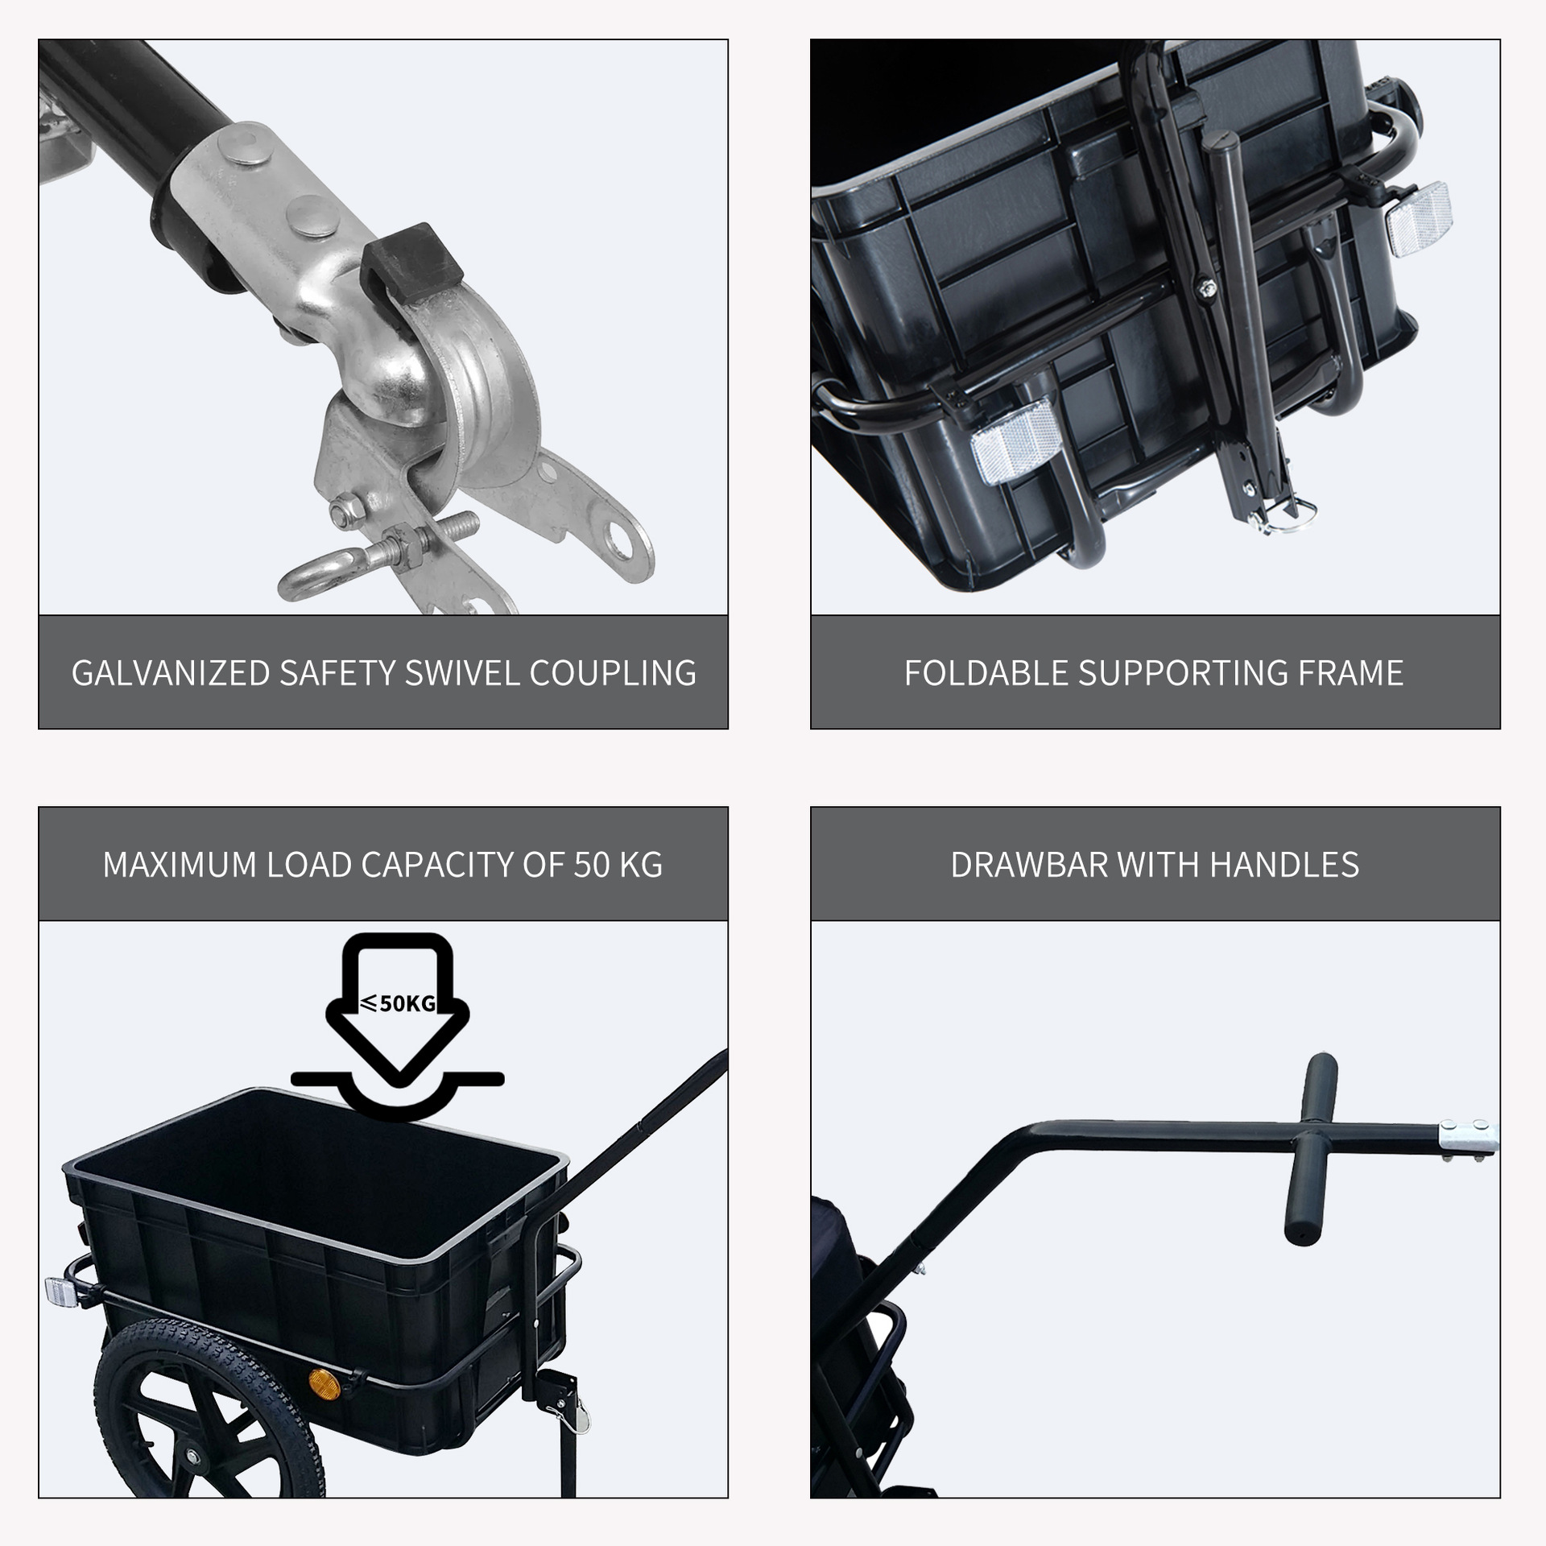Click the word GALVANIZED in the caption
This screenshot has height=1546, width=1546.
pos(171,673)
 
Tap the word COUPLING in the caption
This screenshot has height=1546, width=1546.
pos(613,673)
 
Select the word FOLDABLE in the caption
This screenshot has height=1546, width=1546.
pos(986,673)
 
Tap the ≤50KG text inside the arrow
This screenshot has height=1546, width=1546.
pos(398,1003)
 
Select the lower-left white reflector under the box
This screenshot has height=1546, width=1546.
pos(1013,442)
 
